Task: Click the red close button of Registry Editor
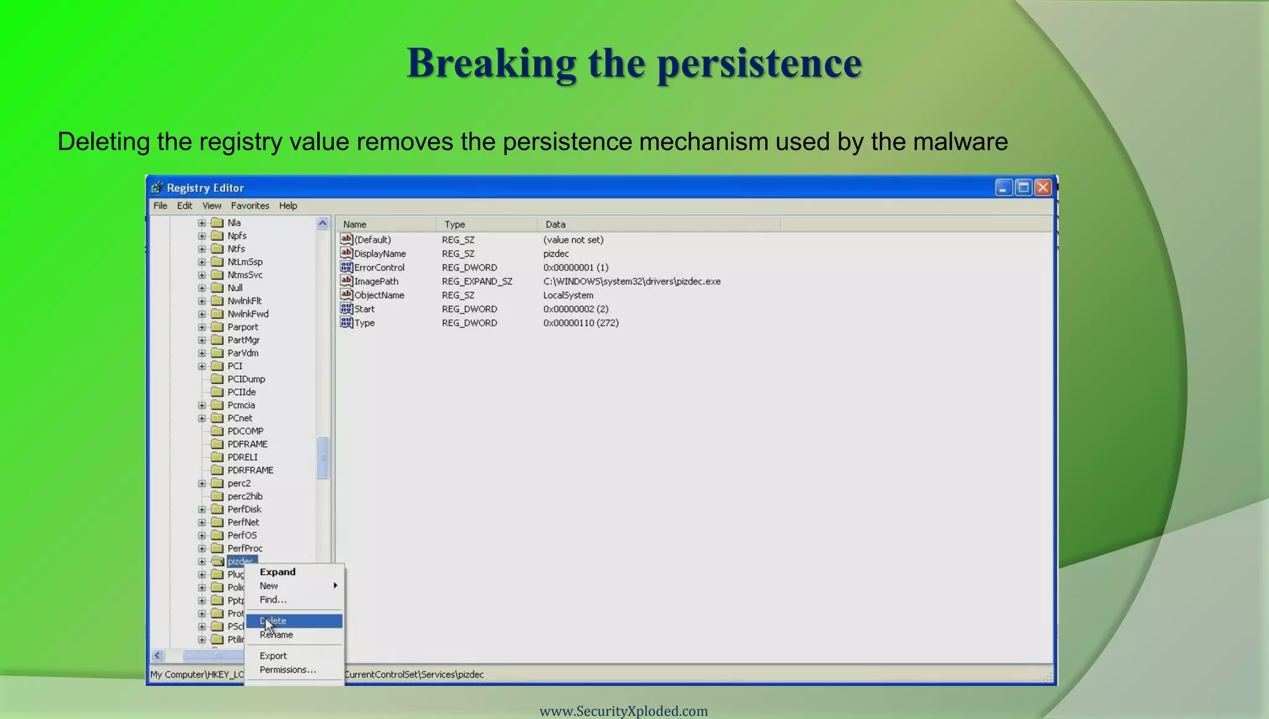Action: (1043, 188)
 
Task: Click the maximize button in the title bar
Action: (1024, 188)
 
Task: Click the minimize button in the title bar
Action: (1003, 188)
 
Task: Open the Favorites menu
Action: (250, 206)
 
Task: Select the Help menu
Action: (288, 206)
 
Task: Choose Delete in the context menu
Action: (294, 621)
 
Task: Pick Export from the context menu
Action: (273, 656)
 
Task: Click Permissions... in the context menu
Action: (288, 669)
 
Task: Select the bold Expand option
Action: (278, 572)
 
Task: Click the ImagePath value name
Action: (376, 281)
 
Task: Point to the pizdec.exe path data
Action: (631, 281)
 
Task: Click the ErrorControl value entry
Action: (379, 268)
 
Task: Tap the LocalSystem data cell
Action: (568, 295)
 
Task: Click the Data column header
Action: (555, 224)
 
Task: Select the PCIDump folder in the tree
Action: (246, 379)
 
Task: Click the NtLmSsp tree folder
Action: (245, 262)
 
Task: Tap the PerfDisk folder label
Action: (244, 509)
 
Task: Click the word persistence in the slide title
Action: (759, 63)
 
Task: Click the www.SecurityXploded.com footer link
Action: (623, 711)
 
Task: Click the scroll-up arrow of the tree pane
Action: (322, 224)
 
